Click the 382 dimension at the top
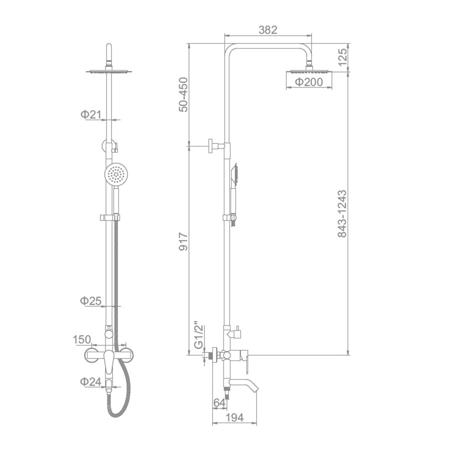click(268, 30)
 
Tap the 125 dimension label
click(342, 57)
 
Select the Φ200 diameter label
click(309, 82)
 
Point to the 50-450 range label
click(183, 94)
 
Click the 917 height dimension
click(183, 241)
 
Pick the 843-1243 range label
click(342, 213)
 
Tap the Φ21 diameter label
click(91, 114)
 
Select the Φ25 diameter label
click(90, 301)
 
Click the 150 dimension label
click(82, 339)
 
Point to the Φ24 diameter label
click(90, 381)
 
